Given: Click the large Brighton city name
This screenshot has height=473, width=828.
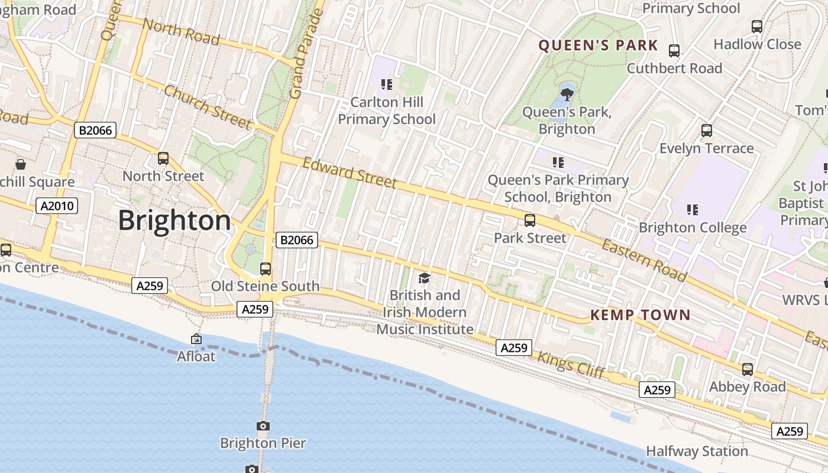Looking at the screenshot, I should coord(174,221).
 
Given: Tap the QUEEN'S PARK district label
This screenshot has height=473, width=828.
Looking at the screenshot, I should coord(598,46).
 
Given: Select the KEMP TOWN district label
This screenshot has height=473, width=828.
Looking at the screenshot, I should coord(641,315).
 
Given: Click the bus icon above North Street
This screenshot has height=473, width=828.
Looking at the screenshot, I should coord(163,158).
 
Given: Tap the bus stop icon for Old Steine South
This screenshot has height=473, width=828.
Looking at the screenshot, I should coord(266,269).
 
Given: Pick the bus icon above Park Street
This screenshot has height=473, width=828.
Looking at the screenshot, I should coord(530,221).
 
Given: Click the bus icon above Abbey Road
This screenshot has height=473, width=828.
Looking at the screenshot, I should coord(748,370).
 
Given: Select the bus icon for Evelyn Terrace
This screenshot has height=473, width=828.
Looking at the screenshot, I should coord(706,131).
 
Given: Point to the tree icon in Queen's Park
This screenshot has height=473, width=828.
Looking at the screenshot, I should coord(567,93).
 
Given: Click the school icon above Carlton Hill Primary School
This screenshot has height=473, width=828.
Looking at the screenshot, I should coord(387,85).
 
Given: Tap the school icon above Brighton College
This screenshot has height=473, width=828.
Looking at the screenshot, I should coord(693,209).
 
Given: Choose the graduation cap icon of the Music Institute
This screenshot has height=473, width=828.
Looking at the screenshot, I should coord(424,278).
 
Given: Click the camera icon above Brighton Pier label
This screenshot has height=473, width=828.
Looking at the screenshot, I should coord(263,426).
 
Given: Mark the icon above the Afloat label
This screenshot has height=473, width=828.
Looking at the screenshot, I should coord(196,339).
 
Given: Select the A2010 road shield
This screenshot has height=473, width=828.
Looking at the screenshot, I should coord(57,206).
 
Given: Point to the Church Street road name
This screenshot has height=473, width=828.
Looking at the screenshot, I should coord(207,106).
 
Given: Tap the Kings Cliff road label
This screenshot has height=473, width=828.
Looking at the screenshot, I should coord(571,364).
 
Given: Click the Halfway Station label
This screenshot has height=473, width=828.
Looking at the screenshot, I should coord(697,451).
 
